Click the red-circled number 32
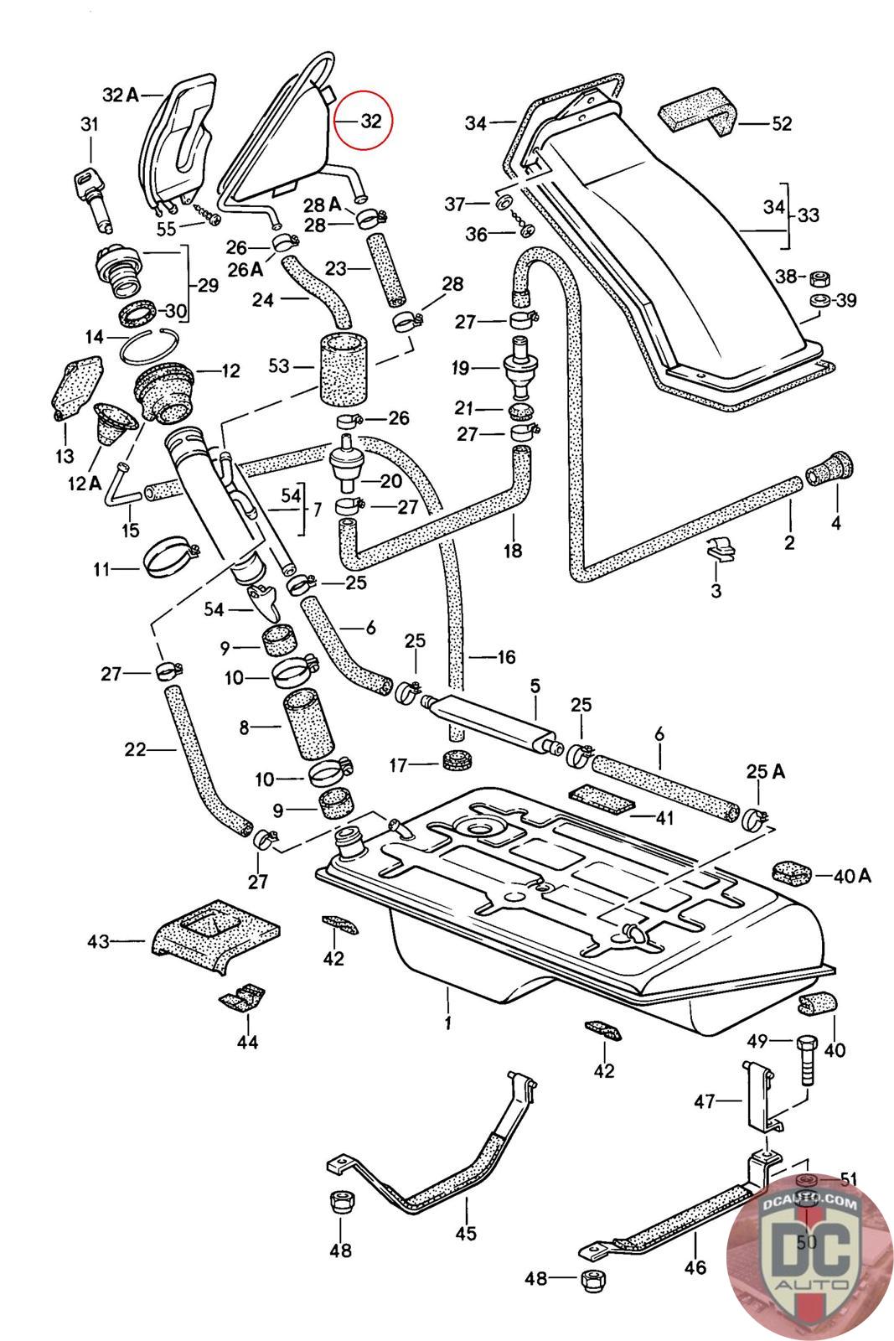point(370,121)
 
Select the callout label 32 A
point(120,95)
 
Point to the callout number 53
point(279,365)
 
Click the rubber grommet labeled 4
point(829,471)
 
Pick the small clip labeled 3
point(720,551)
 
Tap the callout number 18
point(513,550)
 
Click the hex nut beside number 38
point(819,277)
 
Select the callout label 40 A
point(853,876)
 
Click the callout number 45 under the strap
point(466,1233)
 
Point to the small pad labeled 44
point(243,998)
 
